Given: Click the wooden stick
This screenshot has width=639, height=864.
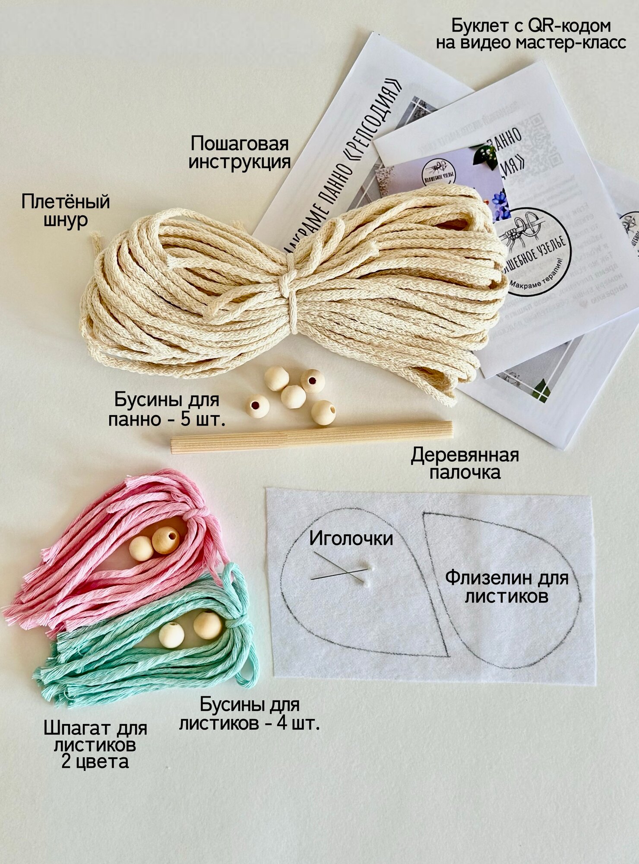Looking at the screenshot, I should [311, 437].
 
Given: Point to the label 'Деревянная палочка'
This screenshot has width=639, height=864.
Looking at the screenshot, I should [465, 464].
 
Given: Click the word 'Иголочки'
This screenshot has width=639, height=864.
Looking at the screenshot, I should [351, 539].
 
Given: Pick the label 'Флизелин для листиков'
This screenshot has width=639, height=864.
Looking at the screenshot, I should [506, 587].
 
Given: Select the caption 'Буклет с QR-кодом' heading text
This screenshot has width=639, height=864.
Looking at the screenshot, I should [531, 26].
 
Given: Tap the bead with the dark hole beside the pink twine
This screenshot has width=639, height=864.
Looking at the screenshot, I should [166, 540].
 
